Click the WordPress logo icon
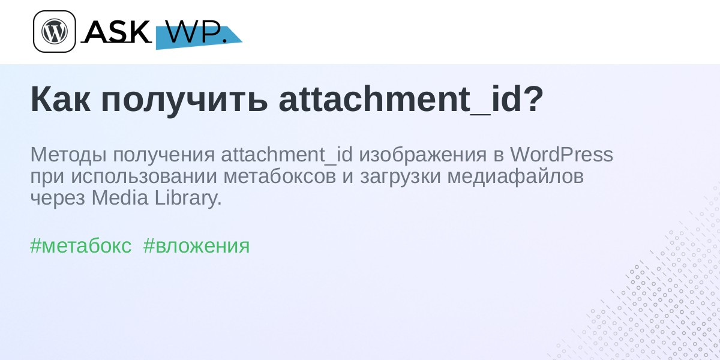(x=55, y=31)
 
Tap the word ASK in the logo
(x=116, y=31)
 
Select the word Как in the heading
(x=60, y=100)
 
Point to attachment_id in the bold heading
(x=400, y=100)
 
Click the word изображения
(x=422, y=155)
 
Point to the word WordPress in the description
(x=562, y=155)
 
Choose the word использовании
(x=144, y=176)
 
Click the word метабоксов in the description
(x=280, y=177)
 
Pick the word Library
(x=188, y=199)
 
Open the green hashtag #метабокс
(x=80, y=246)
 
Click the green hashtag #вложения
(x=196, y=247)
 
